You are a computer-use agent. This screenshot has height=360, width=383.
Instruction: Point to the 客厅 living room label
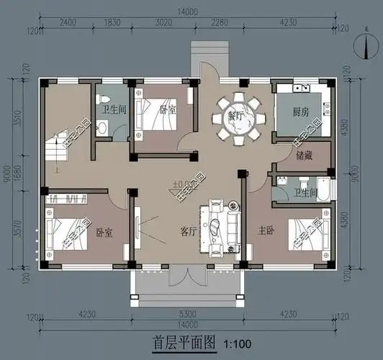pos(189,232)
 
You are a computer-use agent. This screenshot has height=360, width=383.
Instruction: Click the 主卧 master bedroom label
pos(268,230)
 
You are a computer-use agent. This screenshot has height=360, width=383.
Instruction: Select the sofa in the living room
pos(222,225)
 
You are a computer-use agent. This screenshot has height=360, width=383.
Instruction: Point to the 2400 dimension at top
pos(68,24)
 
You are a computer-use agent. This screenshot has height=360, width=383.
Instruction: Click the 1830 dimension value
pos(112,24)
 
